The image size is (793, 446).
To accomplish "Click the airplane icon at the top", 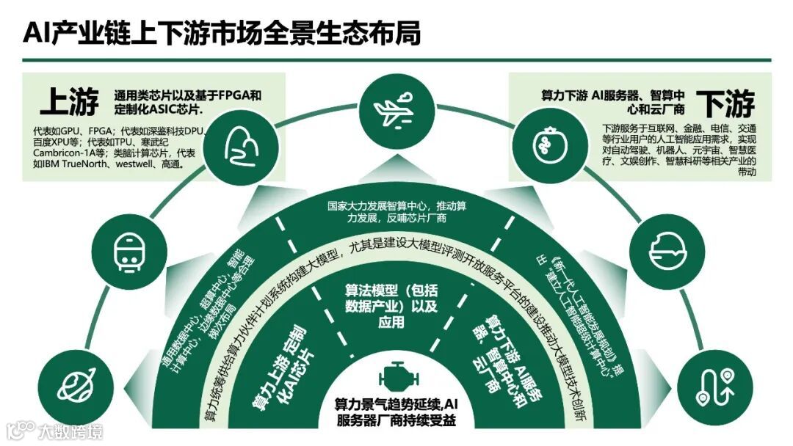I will [x=396, y=109].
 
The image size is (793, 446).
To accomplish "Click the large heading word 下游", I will [x=725, y=104].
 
